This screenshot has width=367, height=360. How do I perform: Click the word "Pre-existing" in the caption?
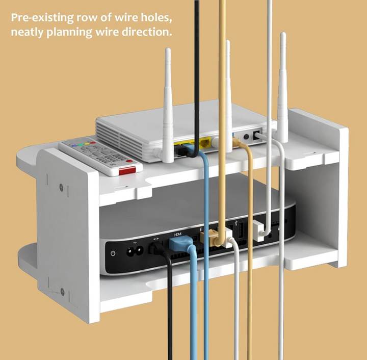click(42, 18)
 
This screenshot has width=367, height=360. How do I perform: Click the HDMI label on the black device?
click(178, 234)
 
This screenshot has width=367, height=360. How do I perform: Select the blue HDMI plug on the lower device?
click(178, 243)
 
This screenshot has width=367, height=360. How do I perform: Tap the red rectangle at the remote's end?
click(127, 171)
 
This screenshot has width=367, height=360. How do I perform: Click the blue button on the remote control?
click(74, 146)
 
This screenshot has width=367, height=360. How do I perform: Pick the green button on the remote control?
click(81, 144)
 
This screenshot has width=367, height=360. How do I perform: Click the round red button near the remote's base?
click(129, 161)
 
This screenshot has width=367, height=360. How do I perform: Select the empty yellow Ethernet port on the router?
click(205, 143)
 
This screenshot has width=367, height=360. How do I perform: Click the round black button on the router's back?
click(246, 137)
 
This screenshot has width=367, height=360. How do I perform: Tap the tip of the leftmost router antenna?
click(168, 49)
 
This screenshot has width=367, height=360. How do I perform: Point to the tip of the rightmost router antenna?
click(283, 33)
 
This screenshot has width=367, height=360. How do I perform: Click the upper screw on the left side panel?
click(61, 187)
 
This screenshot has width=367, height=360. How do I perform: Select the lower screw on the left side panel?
click(63, 292)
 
